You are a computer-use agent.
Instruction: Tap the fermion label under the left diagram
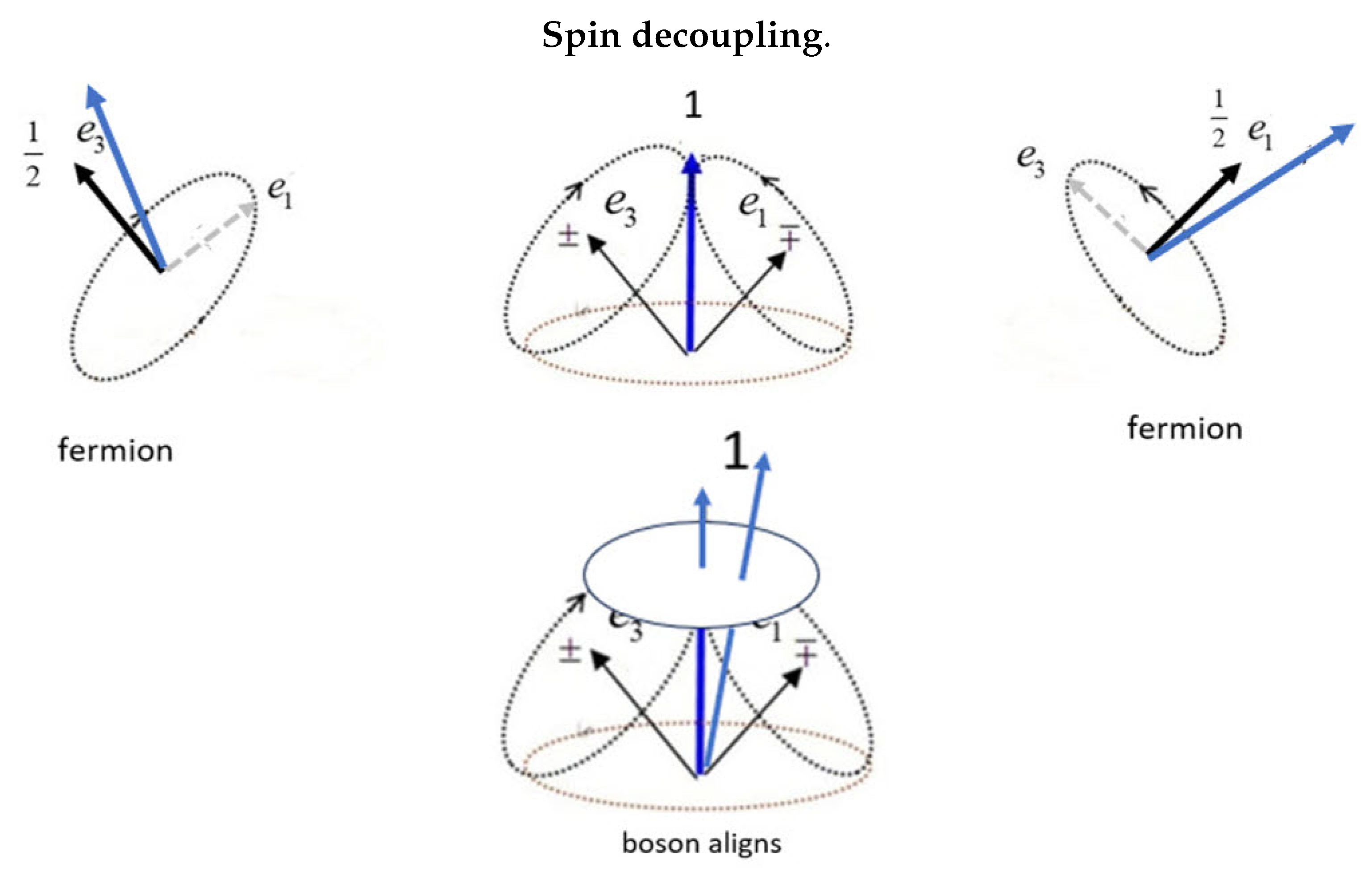(115, 451)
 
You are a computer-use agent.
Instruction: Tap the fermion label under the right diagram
(1184, 428)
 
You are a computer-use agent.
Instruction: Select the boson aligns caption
(701, 844)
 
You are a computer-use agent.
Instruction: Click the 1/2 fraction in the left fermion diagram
(33, 154)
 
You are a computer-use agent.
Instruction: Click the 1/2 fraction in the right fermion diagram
(1219, 119)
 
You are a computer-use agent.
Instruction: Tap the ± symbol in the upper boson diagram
(568, 237)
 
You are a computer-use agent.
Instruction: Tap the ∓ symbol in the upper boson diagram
(790, 237)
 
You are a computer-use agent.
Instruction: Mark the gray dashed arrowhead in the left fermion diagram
(250, 207)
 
